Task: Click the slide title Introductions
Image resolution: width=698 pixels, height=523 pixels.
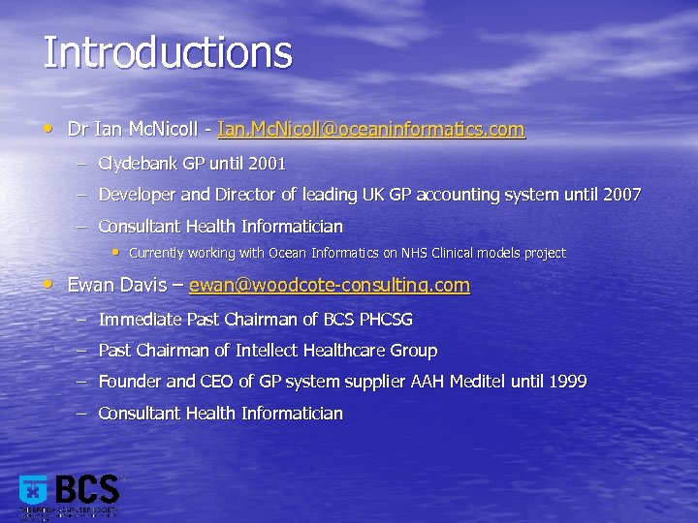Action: pos(167,52)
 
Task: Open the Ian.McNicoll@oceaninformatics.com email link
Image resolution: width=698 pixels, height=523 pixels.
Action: pos(371,129)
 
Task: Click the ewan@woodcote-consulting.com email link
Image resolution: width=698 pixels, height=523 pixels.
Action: pos(329,286)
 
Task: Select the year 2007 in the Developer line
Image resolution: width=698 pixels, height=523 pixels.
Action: pos(621,195)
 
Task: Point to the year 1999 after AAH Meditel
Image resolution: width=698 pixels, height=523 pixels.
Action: pos(567,382)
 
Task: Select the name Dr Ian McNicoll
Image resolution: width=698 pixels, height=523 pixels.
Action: pos(136,129)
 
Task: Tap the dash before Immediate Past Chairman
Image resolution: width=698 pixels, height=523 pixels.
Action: pos(81,319)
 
